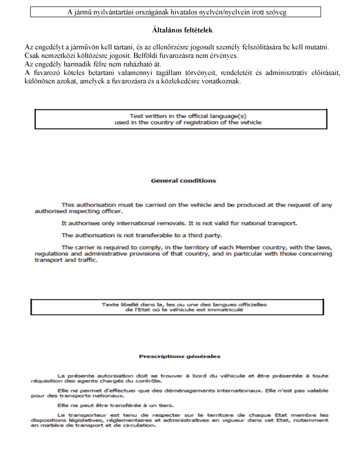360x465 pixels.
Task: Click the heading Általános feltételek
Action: (x=182, y=30)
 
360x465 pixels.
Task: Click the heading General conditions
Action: (x=183, y=180)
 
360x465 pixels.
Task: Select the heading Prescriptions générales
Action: (x=179, y=356)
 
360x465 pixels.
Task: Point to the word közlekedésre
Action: (x=191, y=82)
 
